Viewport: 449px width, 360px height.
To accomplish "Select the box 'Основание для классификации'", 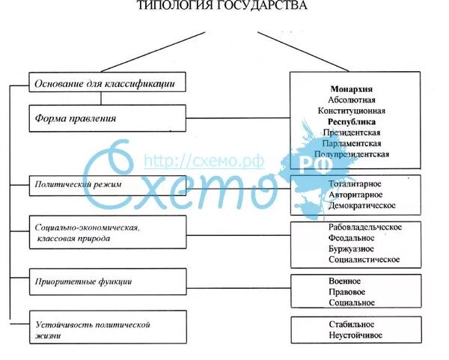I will point(106,82).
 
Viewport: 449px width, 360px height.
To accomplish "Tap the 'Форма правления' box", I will point(106,118).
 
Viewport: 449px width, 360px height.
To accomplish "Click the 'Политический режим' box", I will point(106,184).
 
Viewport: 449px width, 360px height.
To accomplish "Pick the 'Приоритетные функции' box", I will point(106,281).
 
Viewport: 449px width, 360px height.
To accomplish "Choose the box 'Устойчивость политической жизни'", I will point(106,330).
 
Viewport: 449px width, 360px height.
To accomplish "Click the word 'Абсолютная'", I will point(351,100).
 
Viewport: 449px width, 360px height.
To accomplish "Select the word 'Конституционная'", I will point(351,111).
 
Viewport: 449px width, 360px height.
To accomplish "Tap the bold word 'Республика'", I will point(351,121).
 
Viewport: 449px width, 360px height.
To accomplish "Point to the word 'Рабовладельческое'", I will point(365,227).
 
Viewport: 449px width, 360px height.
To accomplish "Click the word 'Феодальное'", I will point(351,238).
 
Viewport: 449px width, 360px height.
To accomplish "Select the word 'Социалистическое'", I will point(364,260).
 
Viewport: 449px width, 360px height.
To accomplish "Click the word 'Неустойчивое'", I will point(355,335).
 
